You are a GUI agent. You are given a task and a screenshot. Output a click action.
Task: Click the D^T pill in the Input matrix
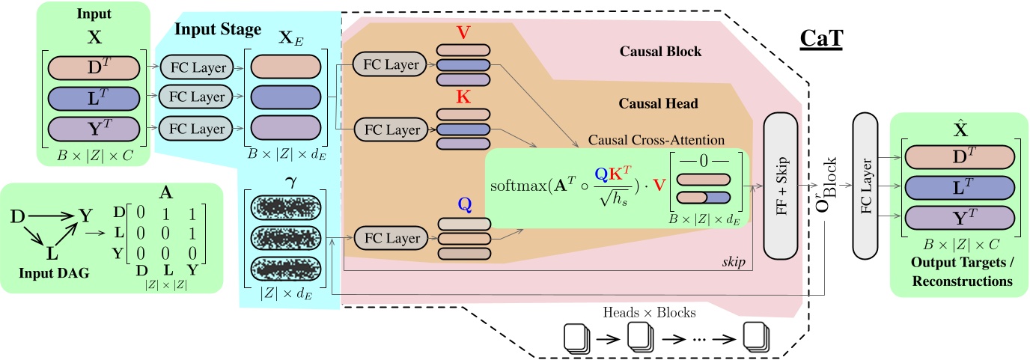click(x=94, y=67)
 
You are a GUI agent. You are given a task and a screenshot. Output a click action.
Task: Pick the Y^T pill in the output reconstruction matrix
click(x=960, y=218)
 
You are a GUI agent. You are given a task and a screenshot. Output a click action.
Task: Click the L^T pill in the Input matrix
click(x=94, y=97)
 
